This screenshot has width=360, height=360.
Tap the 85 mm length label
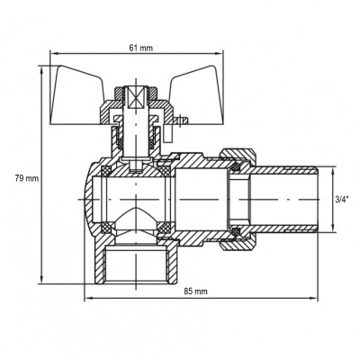tap(195, 292)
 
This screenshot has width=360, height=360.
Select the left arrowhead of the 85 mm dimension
tap(87, 301)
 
